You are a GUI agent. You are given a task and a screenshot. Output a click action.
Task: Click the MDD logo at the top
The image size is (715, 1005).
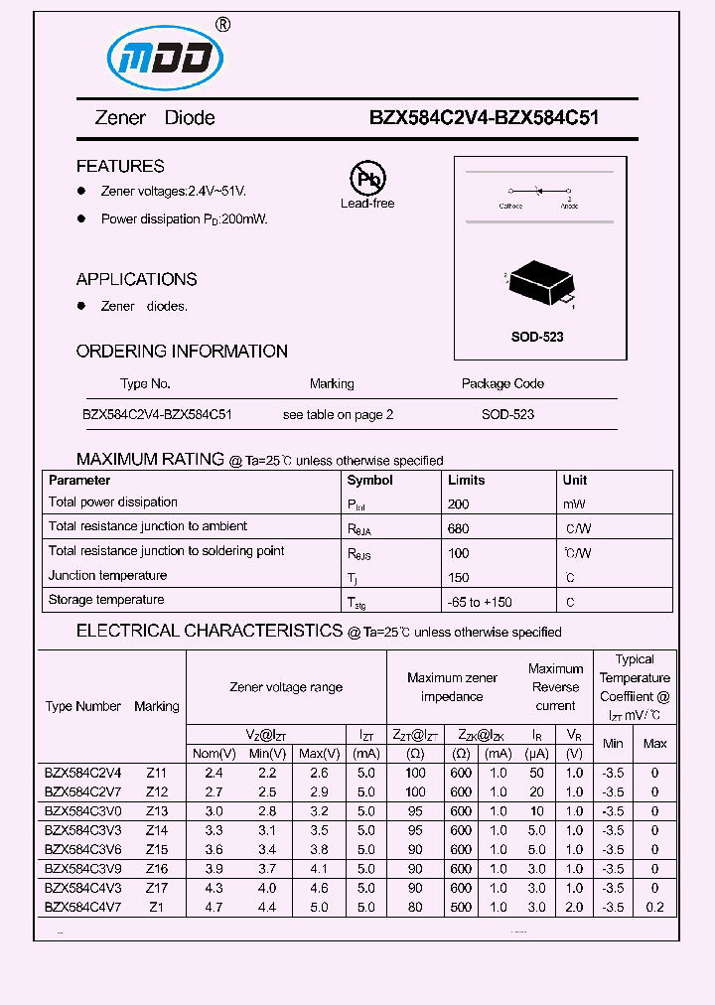160,58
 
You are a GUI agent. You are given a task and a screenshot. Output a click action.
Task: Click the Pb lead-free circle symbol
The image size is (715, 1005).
367,180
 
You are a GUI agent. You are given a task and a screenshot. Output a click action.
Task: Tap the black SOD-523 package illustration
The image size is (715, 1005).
539,281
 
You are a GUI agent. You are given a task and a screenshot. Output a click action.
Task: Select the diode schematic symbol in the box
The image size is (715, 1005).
538,191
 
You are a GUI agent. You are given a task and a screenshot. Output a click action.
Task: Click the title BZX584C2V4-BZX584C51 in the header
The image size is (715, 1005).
484,117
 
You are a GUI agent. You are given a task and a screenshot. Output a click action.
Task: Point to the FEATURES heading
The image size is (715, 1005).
120,166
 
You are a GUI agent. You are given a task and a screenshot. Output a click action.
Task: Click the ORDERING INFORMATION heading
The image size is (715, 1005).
182,351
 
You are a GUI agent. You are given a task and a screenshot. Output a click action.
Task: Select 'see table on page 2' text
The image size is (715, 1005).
338,414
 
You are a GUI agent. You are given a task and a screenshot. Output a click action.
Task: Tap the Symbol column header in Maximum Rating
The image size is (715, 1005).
369,480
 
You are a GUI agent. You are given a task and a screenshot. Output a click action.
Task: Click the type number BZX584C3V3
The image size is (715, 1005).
82,830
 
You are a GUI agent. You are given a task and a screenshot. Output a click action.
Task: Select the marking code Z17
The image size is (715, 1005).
157,888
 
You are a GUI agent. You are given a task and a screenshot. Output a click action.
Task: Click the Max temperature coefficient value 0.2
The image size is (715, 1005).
654,907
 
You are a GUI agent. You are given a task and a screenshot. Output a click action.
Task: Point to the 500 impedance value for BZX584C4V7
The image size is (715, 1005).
461,907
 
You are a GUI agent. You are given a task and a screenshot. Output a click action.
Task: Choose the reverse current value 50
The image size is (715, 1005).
536,773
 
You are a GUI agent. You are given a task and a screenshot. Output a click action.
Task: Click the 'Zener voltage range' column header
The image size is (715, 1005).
286,687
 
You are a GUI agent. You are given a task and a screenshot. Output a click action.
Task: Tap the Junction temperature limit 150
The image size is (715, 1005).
458,577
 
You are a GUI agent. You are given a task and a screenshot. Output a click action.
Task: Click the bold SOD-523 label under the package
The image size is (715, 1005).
537,337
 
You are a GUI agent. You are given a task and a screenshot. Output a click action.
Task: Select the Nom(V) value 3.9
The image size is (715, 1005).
213,869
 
